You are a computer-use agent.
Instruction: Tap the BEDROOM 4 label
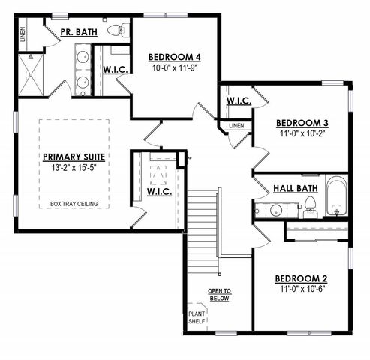(174, 56)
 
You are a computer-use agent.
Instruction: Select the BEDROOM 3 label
(302, 123)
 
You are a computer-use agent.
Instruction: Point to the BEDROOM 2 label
(302, 277)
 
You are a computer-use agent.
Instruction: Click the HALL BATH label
(295, 189)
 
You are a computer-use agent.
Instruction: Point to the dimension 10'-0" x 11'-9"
(174, 68)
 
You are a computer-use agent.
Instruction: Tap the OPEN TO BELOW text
(220, 293)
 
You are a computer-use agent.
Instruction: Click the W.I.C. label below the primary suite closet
(160, 192)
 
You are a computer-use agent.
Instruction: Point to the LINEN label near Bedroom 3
(236, 125)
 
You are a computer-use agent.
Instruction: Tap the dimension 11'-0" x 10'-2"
(302, 135)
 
